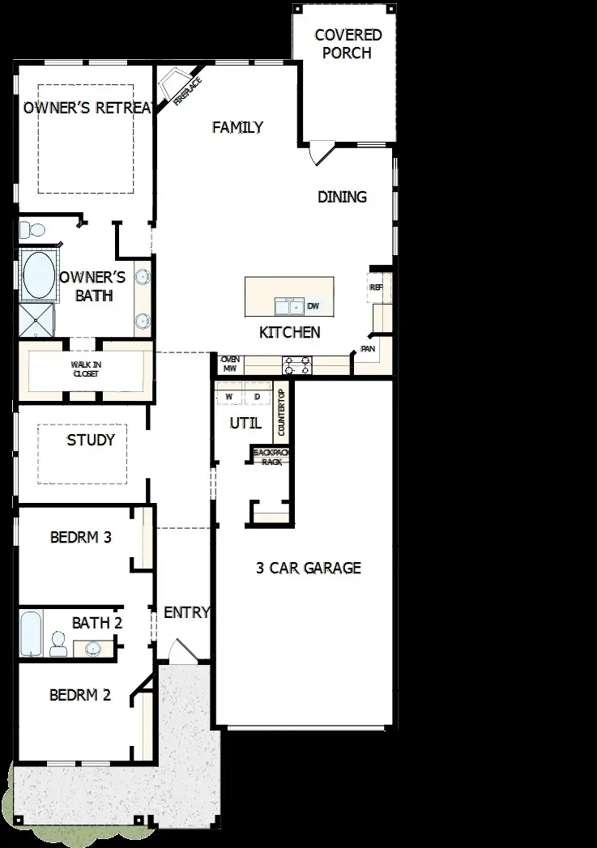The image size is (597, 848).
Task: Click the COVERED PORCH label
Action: pos(348,45)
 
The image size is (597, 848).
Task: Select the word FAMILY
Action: pos(237,127)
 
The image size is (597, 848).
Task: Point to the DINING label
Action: pos(342,197)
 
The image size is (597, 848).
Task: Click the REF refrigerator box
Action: pos(377,287)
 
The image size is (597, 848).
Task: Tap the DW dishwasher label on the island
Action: pos(313,306)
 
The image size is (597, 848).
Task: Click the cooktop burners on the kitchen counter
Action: pos(296,364)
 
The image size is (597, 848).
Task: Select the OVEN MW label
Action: pos(229,364)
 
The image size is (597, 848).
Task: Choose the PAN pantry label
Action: pos(367,349)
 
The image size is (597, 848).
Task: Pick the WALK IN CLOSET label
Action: pos(87,369)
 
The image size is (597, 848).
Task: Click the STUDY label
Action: pos(91,441)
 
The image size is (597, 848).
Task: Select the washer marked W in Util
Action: pos(228,397)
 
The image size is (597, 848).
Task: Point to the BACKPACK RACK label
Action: pos(271,457)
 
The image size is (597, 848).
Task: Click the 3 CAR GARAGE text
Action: pos(308,568)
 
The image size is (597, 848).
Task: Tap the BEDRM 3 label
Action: pos(80,536)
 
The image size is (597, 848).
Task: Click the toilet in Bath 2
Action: pos(58,645)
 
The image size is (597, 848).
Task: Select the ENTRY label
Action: pos(186,612)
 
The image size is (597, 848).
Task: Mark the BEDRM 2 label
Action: pos(80,695)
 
